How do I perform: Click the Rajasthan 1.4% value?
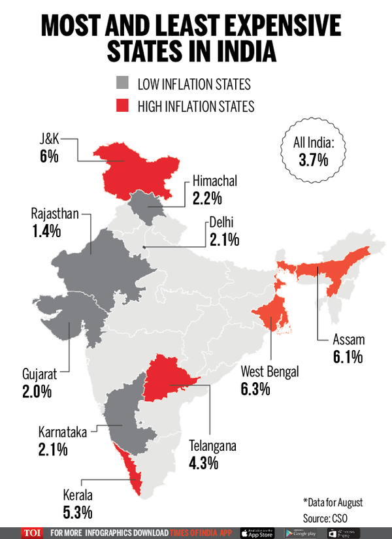[46, 231]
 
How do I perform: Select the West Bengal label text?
[269, 372]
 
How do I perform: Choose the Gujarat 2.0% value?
[39, 391]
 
